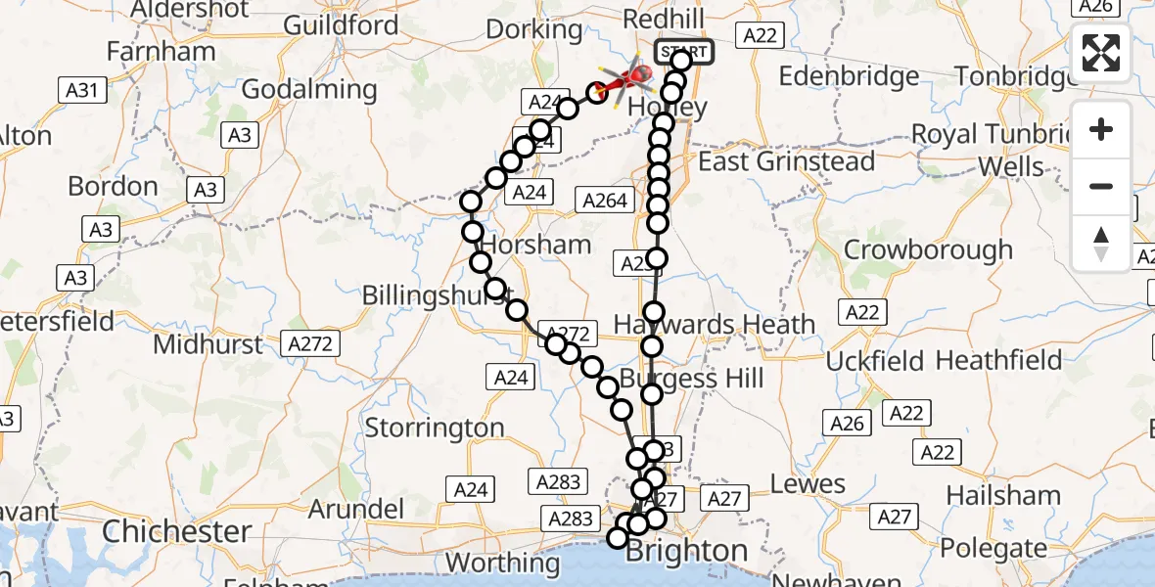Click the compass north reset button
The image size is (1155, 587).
1101,244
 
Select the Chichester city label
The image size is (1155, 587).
176,532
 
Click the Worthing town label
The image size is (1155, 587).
502,564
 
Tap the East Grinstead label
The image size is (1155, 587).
787,161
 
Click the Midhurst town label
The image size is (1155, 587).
208,344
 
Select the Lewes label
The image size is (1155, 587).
808,483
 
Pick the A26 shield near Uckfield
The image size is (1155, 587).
847,423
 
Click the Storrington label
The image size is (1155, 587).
435,428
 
